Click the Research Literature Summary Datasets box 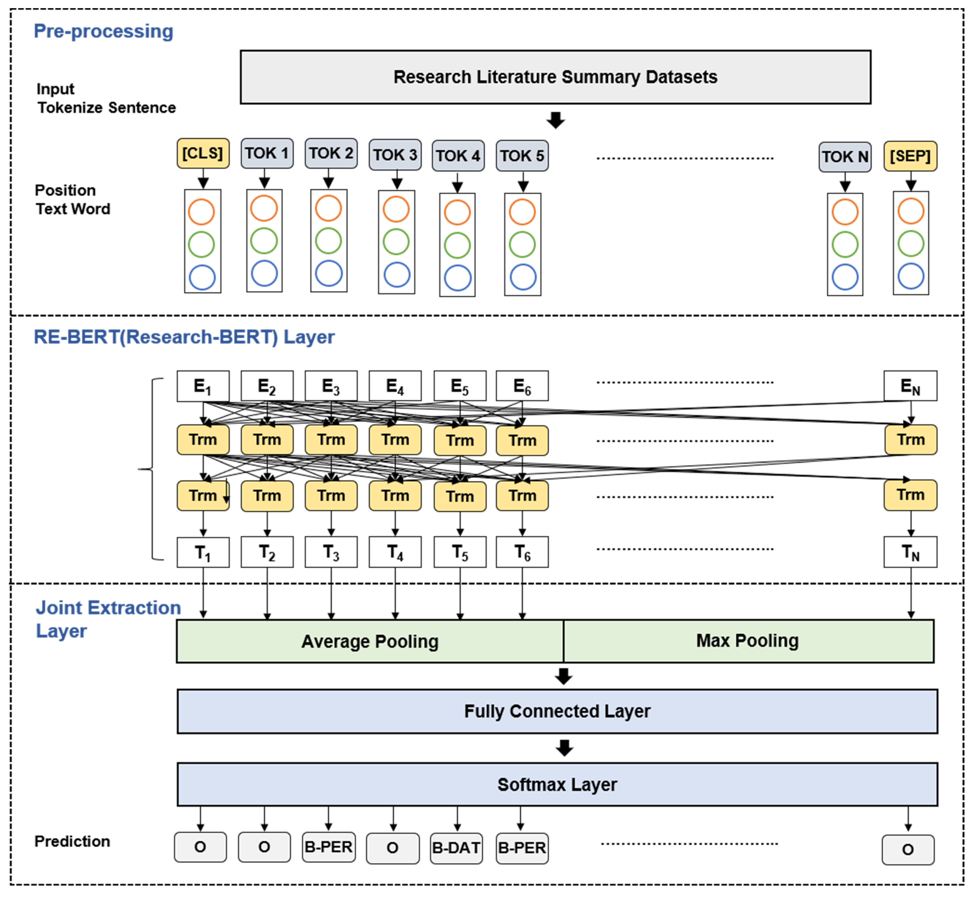pyautogui.click(x=555, y=77)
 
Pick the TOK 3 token pyautogui.click(x=395, y=155)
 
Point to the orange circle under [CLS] pyautogui.click(x=201, y=212)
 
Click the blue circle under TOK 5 pyautogui.click(x=523, y=277)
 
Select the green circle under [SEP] pyautogui.click(x=910, y=244)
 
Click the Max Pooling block pyautogui.click(x=748, y=641)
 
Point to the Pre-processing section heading pyautogui.click(x=103, y=31)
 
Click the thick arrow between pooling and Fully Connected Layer pyautogui.click(x=563, y=676)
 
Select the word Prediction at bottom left pyautogui.click(x=72, y=841)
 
